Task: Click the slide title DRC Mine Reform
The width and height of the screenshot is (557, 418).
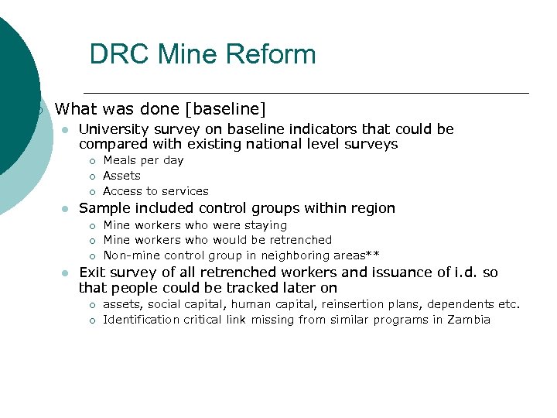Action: click(x=203, y=54)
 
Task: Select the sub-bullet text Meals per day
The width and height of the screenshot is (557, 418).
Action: click(x=143, y=160)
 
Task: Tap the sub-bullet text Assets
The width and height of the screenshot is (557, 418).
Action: click(x=121, y=176)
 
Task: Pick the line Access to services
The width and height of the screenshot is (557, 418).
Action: click(x=155, y=191)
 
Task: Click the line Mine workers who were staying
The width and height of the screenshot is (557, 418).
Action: click(x=195, y=225)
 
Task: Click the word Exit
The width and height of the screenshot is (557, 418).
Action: click(x=91, y=272)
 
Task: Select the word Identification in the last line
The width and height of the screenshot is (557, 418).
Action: click(x=141, y=320)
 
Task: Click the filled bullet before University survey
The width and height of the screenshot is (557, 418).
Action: click(x=66, y=130)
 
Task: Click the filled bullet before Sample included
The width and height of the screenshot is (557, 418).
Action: click(x=66, y=209)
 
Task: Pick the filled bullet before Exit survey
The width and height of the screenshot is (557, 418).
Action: click(x=66, y=273)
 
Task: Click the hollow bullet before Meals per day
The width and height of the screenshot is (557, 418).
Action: click(x=91, y=161)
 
